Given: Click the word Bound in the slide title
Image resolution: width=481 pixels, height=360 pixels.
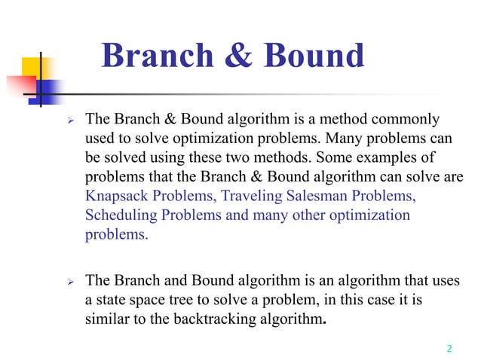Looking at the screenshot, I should [x=309, y=57].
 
